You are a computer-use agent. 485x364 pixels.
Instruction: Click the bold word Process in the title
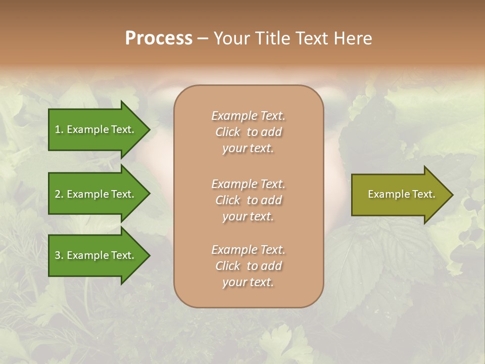pos(159,38)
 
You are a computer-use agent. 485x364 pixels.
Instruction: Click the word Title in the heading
pos(272,38)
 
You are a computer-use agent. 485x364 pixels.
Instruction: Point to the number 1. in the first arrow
pos(59,129)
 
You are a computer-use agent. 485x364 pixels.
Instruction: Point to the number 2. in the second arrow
pos(59,194)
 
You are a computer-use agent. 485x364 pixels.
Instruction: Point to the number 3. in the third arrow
pos(59,255)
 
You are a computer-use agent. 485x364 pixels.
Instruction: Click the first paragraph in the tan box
pos(248,132)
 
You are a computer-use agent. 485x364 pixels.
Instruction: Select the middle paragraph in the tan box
pos(248,200)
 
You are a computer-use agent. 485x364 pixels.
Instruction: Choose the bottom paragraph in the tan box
pos(248,266)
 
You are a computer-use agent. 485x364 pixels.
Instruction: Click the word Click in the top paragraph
pos(228,132)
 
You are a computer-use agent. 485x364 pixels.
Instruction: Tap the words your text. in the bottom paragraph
pos(248,282)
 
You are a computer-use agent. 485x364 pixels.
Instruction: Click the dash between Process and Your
pos(203,38)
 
